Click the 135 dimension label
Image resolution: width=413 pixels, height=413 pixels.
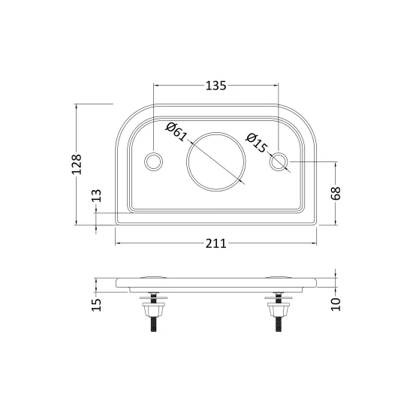[x=216, y=86]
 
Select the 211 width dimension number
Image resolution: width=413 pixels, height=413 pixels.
[x=216, y=243]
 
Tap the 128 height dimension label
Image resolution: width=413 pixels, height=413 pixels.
[x=77, y=164]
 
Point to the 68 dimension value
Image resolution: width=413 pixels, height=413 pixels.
[x=336, y=193]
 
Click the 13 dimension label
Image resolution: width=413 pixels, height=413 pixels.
[x=96, y=195]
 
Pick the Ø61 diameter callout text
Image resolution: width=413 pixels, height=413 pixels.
[x=176, y=131]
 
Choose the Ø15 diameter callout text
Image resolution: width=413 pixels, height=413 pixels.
[x=256, y=143]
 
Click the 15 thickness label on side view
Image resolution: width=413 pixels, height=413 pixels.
[x=96, y=305]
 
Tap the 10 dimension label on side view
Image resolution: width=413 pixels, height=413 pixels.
[x=336, y=304]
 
